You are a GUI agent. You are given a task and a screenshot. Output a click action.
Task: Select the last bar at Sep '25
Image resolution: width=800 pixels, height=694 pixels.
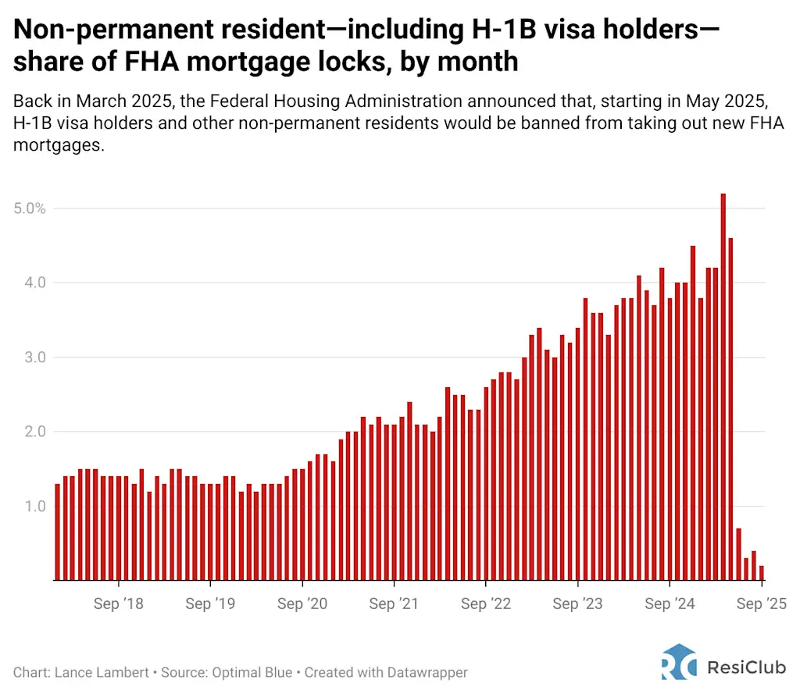pyautogui.click(x=762, y=573)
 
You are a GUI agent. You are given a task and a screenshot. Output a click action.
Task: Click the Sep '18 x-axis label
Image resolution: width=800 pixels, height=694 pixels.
pyautogui.click(x=118, y=603)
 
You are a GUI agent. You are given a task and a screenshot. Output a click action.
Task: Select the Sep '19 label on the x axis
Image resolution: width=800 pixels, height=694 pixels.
pyautogui.click(x=210, y=603)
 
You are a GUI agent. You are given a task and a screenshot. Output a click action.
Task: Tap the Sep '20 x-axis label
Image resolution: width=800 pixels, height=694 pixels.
pyautogui.click(x=302, y=603)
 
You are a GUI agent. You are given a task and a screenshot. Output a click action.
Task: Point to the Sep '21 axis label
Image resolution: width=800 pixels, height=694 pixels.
pyautogui.click(x=394, y=603)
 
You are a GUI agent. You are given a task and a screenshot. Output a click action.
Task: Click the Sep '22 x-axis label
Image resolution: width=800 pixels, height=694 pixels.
pyautogui.click(x=486, y=603)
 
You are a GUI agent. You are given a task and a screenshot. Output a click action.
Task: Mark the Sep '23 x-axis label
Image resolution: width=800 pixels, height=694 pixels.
pyautogui.click(x=577, y=603)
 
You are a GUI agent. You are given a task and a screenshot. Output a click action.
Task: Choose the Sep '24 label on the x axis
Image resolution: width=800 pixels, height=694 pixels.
pyautogui.click(x=670, y=603)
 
